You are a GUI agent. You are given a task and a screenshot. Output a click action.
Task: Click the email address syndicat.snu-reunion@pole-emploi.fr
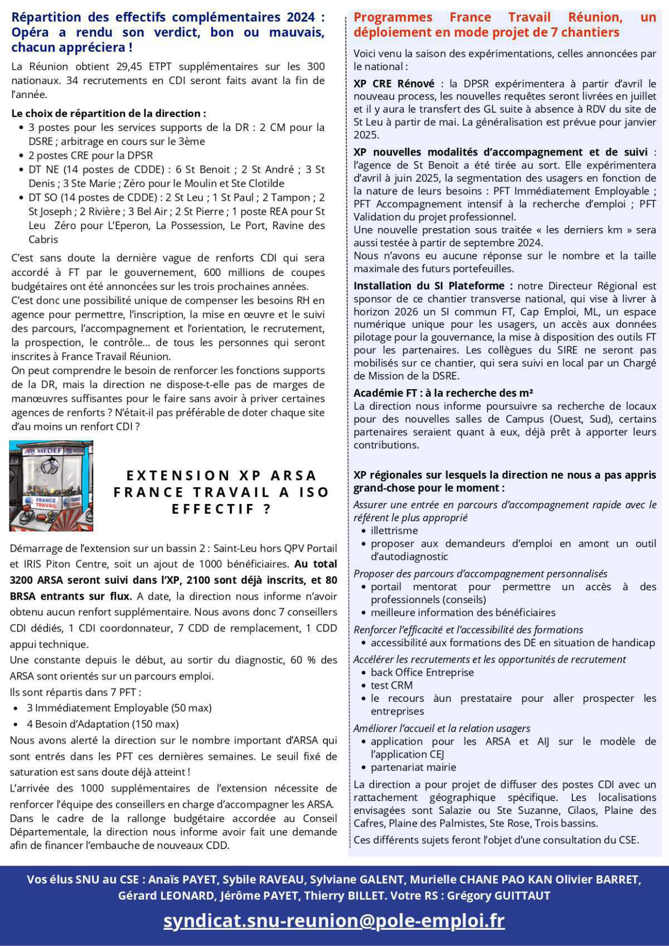point(334,920)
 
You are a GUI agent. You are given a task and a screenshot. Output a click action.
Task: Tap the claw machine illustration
point(51,486)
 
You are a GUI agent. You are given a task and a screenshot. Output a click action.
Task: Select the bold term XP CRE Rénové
point(394,84)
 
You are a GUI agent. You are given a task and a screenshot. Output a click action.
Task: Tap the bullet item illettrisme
point(394,530)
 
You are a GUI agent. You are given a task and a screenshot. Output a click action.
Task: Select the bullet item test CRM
point(391,685)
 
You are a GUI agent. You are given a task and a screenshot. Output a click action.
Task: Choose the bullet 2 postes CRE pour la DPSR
point(90,155)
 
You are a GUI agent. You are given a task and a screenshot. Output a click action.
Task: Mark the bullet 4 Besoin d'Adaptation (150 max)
point(103,724)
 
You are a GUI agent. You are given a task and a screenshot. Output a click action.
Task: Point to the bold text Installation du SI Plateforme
point(433,286)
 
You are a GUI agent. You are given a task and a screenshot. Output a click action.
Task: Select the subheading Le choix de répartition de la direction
point(109,113)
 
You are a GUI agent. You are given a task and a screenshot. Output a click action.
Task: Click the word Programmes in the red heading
point(393,18)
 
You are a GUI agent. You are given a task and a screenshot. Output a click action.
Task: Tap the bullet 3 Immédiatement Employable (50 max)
point(119,708)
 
